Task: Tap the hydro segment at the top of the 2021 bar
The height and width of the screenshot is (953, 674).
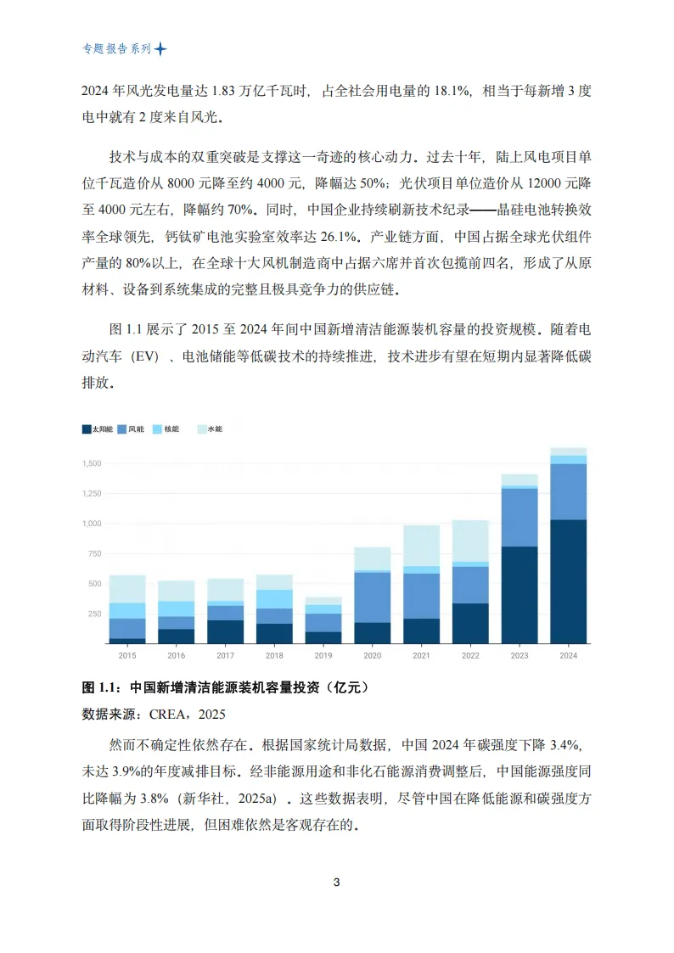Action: [x=421, y=545]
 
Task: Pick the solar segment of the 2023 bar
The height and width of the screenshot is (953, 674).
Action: [x=520, y=594]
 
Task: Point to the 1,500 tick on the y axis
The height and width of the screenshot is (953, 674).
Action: [x=92, y=463]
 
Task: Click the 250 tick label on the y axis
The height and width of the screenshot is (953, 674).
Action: [x=95, y=614]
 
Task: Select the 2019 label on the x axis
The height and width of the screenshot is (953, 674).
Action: [x=323, y=656]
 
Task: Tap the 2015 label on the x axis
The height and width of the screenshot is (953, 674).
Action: [x=126, y=656]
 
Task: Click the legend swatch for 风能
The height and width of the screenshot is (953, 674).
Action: [x=122, y=429]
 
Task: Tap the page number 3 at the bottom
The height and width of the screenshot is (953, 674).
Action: [x=337, y=883]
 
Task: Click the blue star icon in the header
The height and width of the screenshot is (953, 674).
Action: [x=160, y=49]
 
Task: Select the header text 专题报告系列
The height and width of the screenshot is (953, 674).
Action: [x=116, y=49]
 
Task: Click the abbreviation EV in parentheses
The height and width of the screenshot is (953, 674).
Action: [x=146, y=357]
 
